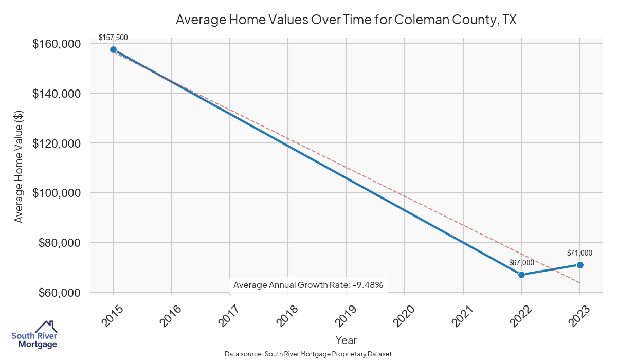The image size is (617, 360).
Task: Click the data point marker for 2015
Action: pyautogui.click(x=113, y=50)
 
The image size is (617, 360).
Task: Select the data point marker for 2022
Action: pyautogui.click(x=521, y=275)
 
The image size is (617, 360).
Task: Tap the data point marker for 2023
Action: pyautogui.click(x=580, y=265)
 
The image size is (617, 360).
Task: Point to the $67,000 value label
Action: pyautogui.click(x=521, y=262)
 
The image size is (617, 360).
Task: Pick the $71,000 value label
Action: pyautogui.click(x=579, y=253)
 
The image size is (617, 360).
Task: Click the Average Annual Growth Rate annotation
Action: pyautogui.click(x=308, y=285)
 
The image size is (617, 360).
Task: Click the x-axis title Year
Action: pyautogui.click(x=346, y=340)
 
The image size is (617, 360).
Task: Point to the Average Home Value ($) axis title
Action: pyautogui.click(x=19, y=168)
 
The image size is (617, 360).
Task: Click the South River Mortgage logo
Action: pyautogui.click(x=34, y=335)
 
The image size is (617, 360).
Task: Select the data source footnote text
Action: pyautogui.click(x=308, y=354)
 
